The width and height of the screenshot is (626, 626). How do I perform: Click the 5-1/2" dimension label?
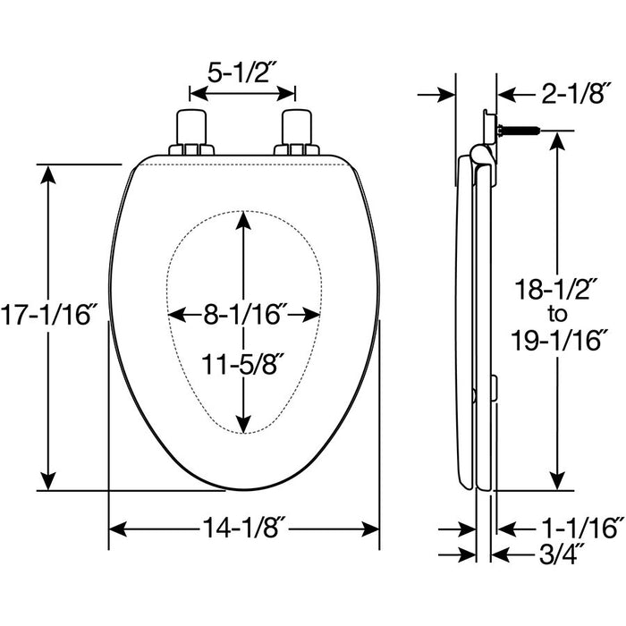click(242, 72)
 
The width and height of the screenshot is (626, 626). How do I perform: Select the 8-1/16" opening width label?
click(245, 315)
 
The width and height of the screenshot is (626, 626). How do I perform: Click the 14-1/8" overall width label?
click(244, 529)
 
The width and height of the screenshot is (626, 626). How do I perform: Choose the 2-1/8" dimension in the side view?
click(576, 94)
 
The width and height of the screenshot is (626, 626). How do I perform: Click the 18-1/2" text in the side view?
click(556, 289)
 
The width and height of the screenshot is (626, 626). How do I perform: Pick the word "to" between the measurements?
click(557, 315)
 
